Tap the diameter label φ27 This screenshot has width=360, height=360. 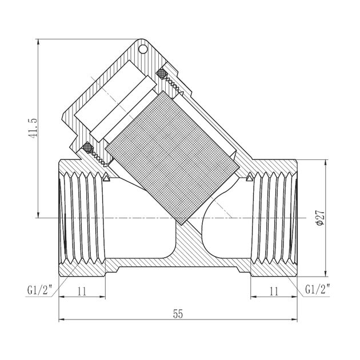click(x=320, y=218)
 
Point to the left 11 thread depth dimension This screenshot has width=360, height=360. click(x=82, y=290)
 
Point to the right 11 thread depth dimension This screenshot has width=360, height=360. click(x=273, y=290)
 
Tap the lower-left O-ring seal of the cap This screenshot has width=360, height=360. click(x=87, y=148)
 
